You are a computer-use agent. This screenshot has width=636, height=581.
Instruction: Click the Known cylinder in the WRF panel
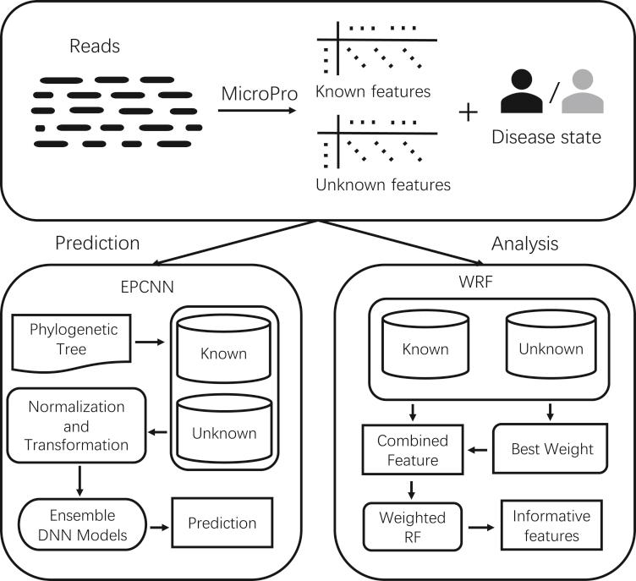point(425,347)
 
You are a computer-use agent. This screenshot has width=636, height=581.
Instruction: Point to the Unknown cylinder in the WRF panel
point(551,347)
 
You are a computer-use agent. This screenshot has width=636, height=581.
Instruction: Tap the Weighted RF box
point(403,525)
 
